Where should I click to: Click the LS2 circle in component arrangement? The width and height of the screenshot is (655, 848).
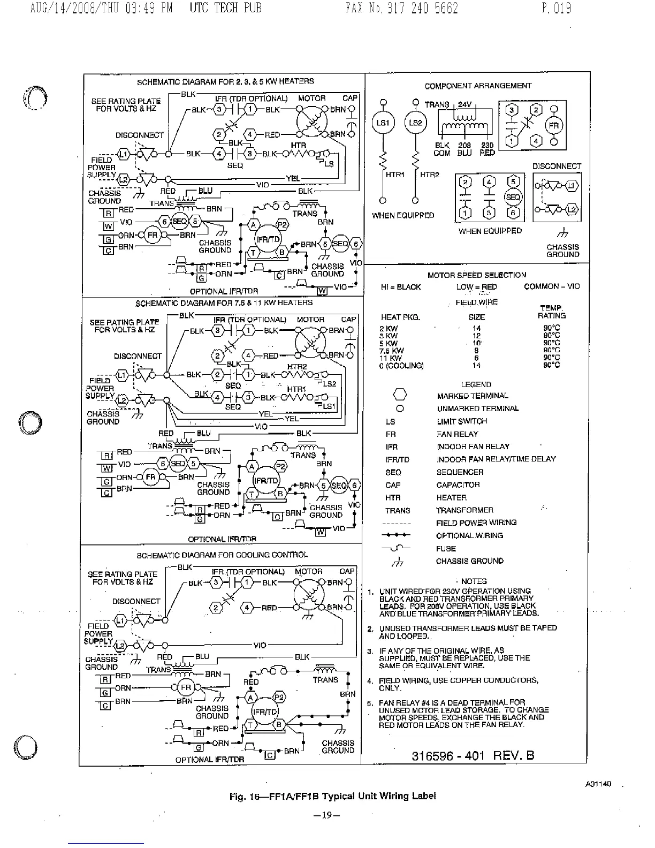click(415, 123)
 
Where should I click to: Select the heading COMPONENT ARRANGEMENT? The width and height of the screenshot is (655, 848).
click(478, 86)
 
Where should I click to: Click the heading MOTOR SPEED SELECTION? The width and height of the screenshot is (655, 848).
click(476, 275)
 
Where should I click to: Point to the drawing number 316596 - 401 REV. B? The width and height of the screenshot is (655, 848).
click(473, 755)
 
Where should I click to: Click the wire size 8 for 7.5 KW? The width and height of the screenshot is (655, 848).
click(476, 351)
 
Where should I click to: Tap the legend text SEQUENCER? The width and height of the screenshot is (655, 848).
click(460, 472)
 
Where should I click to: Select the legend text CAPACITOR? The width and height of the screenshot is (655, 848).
click(458, 485)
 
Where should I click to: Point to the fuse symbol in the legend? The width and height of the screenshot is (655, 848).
click(396, 548)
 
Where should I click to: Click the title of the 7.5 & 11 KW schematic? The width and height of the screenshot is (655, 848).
click(224, 303)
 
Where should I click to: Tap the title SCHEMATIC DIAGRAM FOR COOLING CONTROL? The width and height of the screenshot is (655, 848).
click(222, 555)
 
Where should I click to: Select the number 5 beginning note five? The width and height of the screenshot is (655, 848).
click(370, 702)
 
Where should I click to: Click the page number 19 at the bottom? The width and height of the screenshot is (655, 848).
click(326, 815)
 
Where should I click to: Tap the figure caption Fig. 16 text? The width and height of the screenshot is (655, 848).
click(332, 796)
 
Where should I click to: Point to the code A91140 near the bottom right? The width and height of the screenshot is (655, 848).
click(598, 784)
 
